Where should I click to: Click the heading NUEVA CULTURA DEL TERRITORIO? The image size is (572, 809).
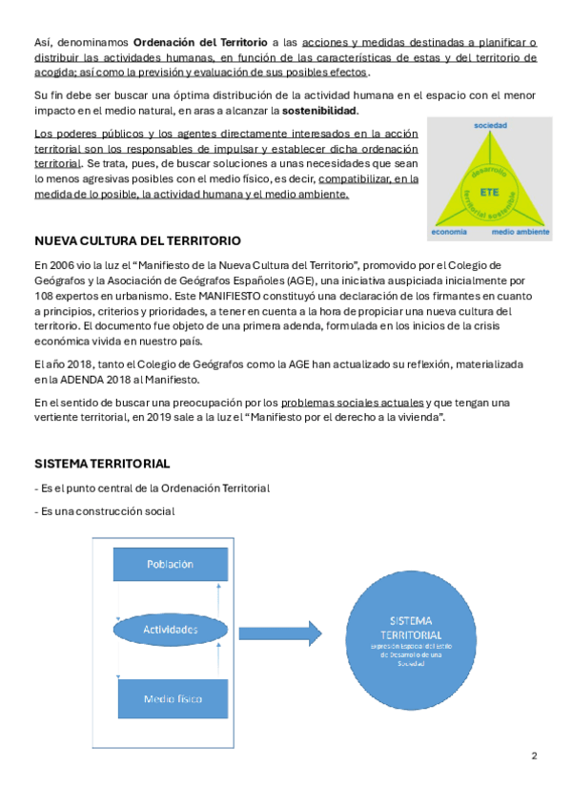pyautogui.click(x=136, y=240)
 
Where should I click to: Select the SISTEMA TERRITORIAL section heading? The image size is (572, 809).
pyautogui.click(x=102, y=464)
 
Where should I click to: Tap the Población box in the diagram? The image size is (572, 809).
pyautogui.click(x=170, y=564)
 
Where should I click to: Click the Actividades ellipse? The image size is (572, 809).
pyautogui.click(x=171, y=630)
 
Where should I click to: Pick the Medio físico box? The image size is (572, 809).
pyautogui.click(x=172, y=698)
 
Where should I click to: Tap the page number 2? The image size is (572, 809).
pyautogui.click(x=534, y=757)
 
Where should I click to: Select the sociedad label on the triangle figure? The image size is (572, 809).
pyautogui.click(x=490, y=126)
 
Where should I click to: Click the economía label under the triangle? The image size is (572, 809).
pyautogui.click(x=448, y=232)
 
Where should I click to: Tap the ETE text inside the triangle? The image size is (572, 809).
pyautogui.click(x=490, y=192)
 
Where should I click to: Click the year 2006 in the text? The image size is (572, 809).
pyautogui.click(x=67, y=264)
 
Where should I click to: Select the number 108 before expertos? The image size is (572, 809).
pyautogui.click(x=45, y=295)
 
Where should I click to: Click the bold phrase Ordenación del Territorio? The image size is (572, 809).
pyautogui.click(x=200, y=42)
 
